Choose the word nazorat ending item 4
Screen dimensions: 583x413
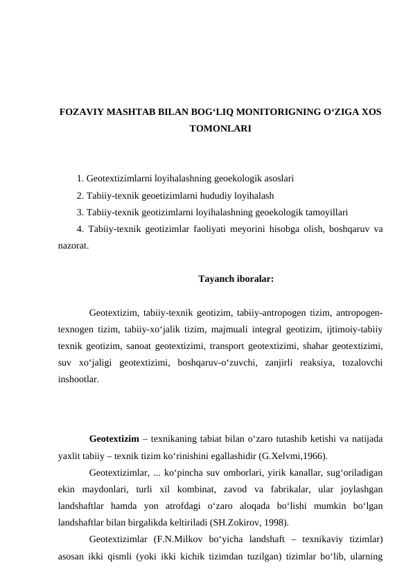[73, 246]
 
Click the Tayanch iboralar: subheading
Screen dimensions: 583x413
[236, 280]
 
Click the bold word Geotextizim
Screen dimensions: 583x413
[114, 439]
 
